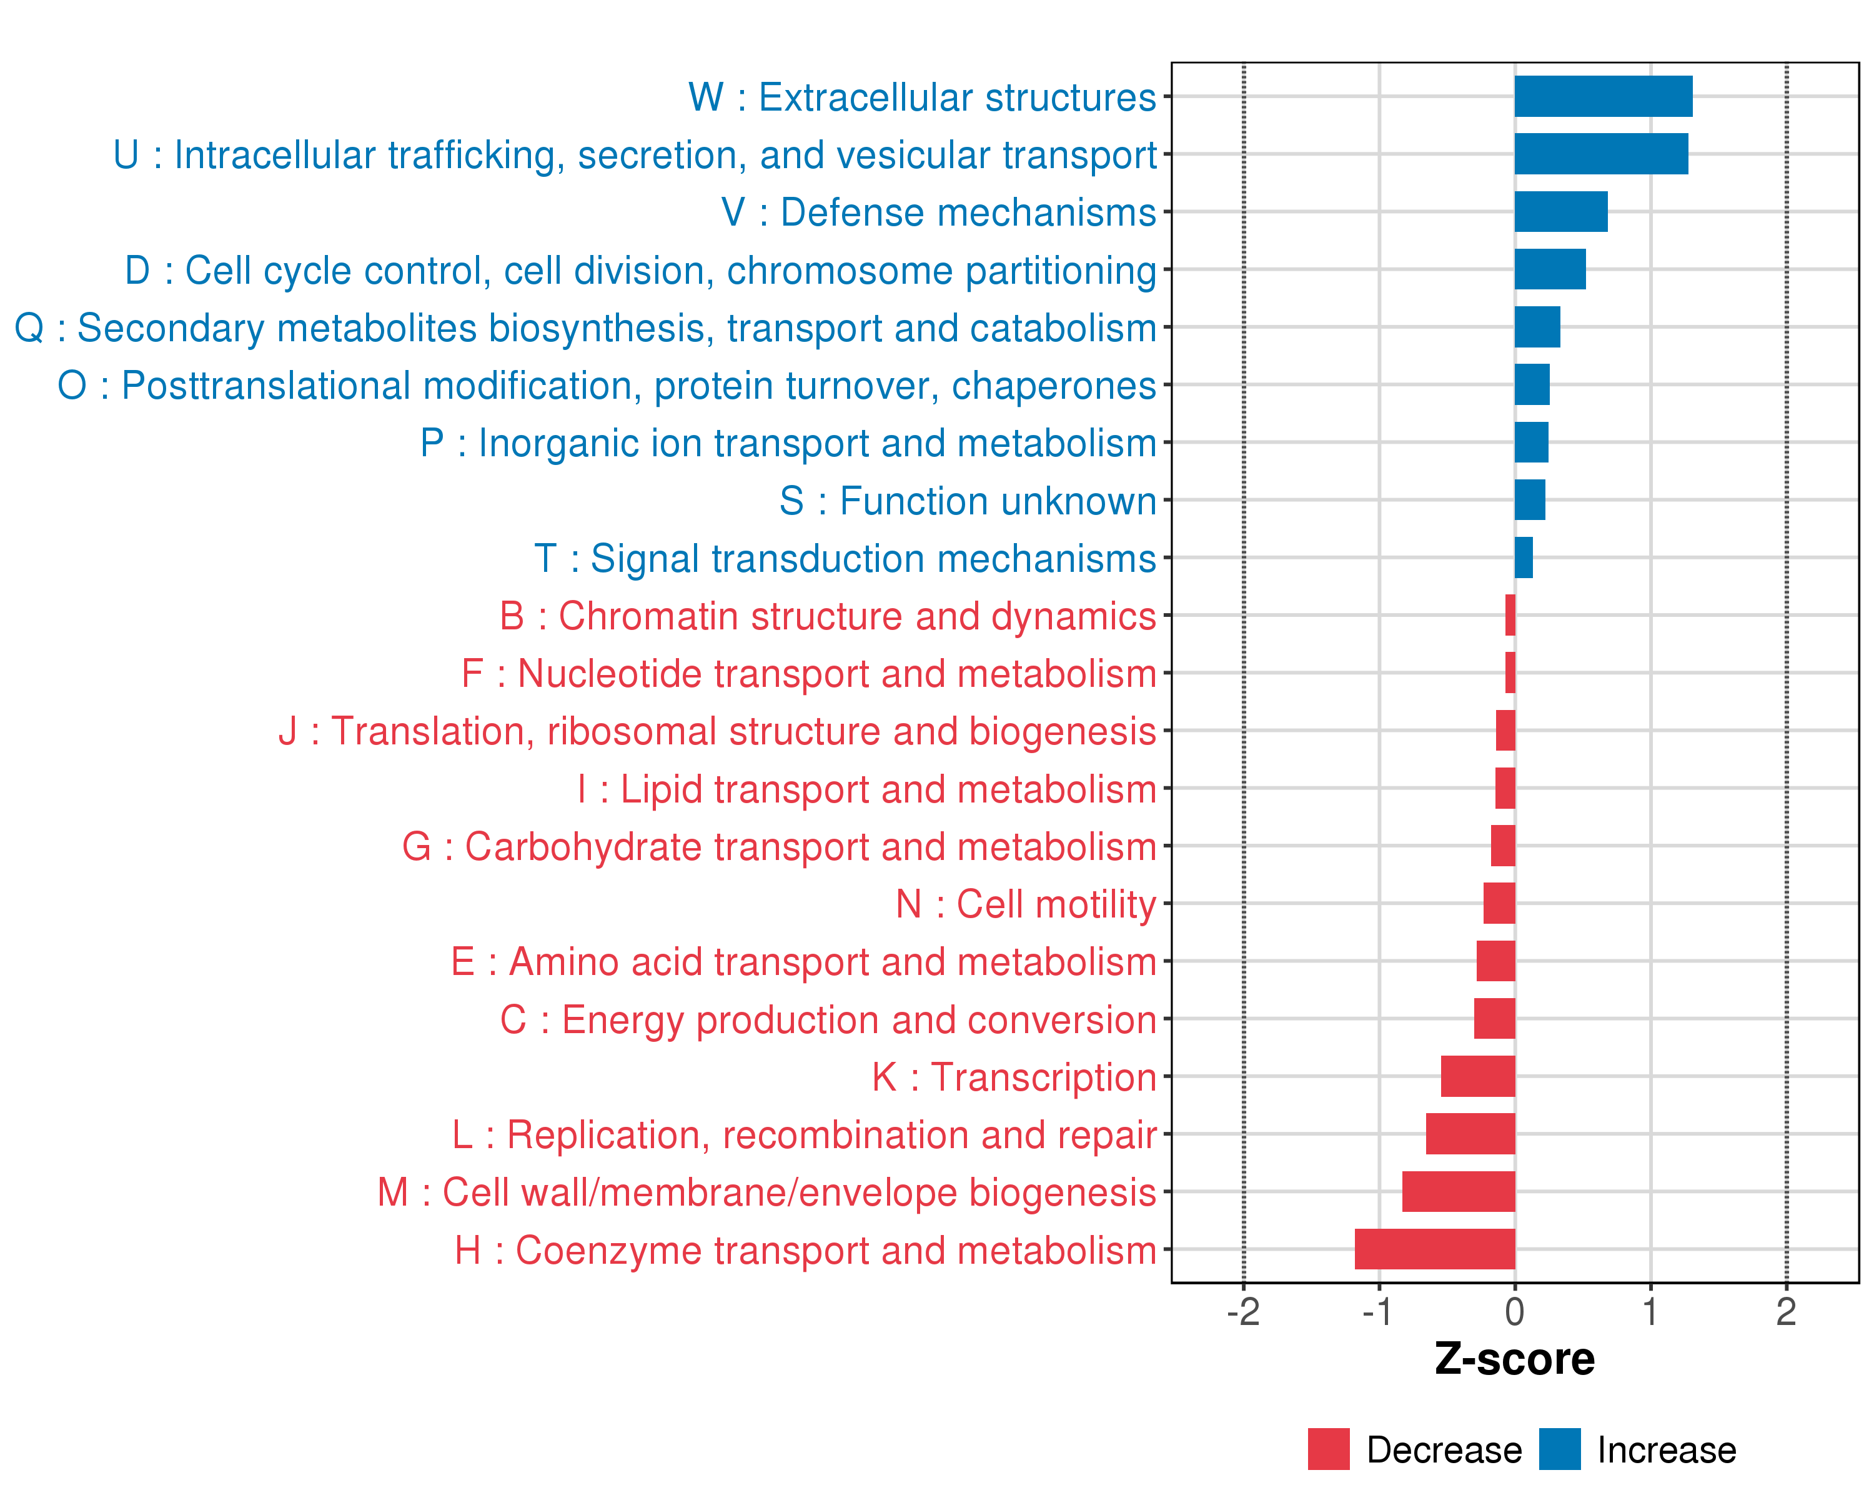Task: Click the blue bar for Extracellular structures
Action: [1603, 96]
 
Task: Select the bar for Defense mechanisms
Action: [1560, 212]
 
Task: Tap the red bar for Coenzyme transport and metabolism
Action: [1434, 1249]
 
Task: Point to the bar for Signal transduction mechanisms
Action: [1524, 557]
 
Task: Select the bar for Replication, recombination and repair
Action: [1470, 1134]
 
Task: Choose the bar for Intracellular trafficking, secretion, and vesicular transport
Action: [1601, 154]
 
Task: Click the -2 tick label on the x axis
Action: [1243, 1312]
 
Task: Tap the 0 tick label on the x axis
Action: [1514, 1312]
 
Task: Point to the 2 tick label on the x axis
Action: [1785, 1312]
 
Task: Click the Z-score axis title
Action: [1514, 1359]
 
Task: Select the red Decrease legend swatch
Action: [1328, 1449]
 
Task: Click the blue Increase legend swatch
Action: [1559, 1449]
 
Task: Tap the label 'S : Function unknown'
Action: [968, 501]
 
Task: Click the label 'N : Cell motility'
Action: [1026, 904]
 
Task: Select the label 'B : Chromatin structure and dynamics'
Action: [828, 616]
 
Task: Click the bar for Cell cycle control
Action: [1550, 269]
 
